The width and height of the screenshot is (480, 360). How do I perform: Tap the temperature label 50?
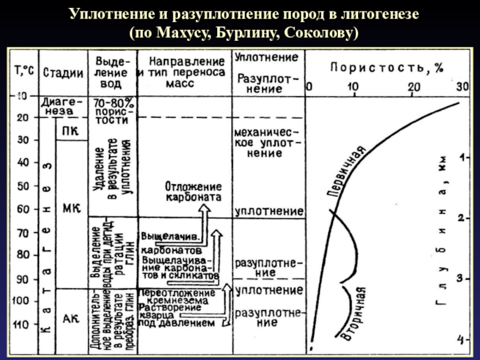click(x=22, y=186)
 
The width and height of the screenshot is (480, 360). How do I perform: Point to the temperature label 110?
click(x=22, y=325)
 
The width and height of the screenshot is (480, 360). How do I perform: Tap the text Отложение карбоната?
click(x=193, y=191)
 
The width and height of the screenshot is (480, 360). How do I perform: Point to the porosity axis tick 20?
click(x=414, y=87)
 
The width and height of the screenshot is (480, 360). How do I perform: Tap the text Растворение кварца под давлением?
click(x=178, y=315)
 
